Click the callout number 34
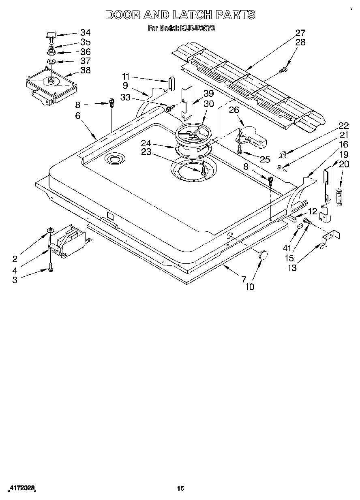point(85,33)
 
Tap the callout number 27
point(300,33)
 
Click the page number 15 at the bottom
point(181,489)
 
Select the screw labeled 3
point(51,267)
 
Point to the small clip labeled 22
point(284,154)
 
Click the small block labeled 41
point(299,226)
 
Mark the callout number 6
point(78,115)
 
